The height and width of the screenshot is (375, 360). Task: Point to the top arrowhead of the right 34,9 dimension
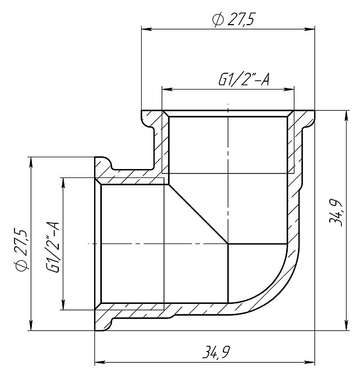(x=344, y=115)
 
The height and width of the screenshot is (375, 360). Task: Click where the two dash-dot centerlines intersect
(x=228, y=243)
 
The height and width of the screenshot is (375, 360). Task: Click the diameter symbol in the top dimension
(x=216, y=20)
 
